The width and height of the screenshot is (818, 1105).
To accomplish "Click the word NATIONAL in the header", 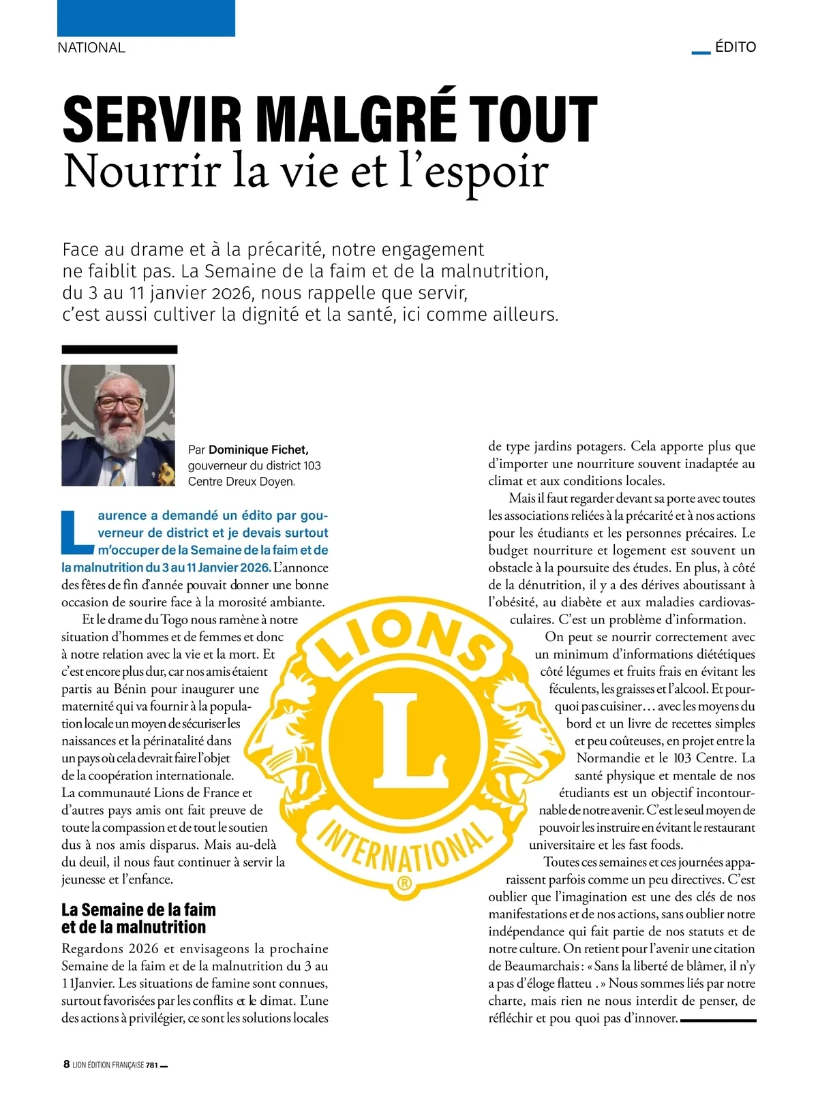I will (x=91, y=48).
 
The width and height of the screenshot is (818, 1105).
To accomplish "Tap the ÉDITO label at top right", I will (x=736, y=47).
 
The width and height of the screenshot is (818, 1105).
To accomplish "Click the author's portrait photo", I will (x=119, y=425).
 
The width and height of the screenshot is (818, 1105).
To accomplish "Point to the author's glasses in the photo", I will (x=120, y=403).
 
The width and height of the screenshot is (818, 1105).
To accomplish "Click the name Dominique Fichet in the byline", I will (x=258, y=450).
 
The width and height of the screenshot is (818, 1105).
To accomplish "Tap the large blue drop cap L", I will (x=76, y=531).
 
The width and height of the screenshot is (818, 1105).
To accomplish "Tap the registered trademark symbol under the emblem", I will (x=404, y=884).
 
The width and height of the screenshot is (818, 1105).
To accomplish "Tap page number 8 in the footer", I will (x=66, y=1064).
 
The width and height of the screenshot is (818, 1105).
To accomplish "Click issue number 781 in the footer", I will (x=153, y=1065).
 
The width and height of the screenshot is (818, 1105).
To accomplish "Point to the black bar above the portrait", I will (x=119, y=349).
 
